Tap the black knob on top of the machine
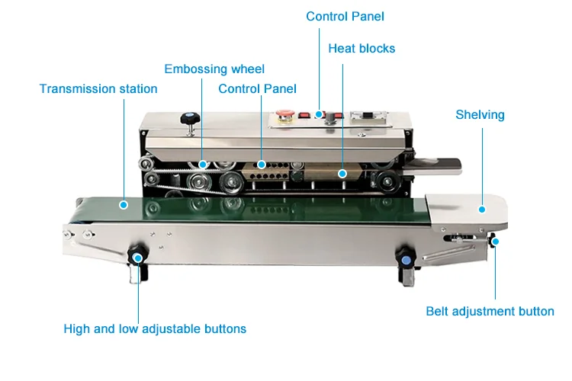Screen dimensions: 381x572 (x=189, y=119)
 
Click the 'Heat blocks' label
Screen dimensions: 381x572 (x=362, y=48)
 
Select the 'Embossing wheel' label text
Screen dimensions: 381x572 (x=214, y=69)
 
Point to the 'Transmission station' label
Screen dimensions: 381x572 (x=98, y=89)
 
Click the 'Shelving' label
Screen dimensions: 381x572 (x=480, y=115)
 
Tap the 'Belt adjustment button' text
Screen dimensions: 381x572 (x=490, y=311)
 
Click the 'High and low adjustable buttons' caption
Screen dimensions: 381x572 (x=155, y=329)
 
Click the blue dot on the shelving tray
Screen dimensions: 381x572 (x=482, y=208)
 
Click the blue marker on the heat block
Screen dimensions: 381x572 (x=342, y=173)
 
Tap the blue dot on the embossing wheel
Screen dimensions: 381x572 (x=203, y=164)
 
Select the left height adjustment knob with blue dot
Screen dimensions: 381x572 (x=137, y=255)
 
